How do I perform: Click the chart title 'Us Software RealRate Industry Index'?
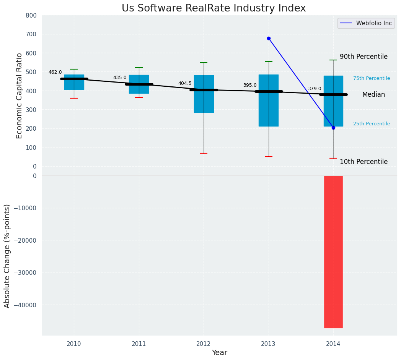pos(214,8)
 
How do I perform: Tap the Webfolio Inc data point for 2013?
pos(269,38)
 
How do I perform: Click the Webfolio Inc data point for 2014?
pos(333,128)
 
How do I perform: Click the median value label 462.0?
pos(55,72)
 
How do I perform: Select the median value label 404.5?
pos(185,83)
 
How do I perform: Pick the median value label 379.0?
pos(315,89)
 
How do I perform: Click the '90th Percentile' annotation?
pos(364,57)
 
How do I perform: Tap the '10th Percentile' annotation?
pos(364,162)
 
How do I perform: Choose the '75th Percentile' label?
pos(372,78)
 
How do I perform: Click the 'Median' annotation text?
pos(373,94)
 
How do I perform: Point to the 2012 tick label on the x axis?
pos(204,344)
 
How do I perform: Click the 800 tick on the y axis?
pos(31,15)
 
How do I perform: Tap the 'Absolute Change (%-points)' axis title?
pos(7,256)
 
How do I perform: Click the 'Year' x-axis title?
pos(219,353)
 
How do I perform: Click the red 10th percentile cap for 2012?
pos(204,153)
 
